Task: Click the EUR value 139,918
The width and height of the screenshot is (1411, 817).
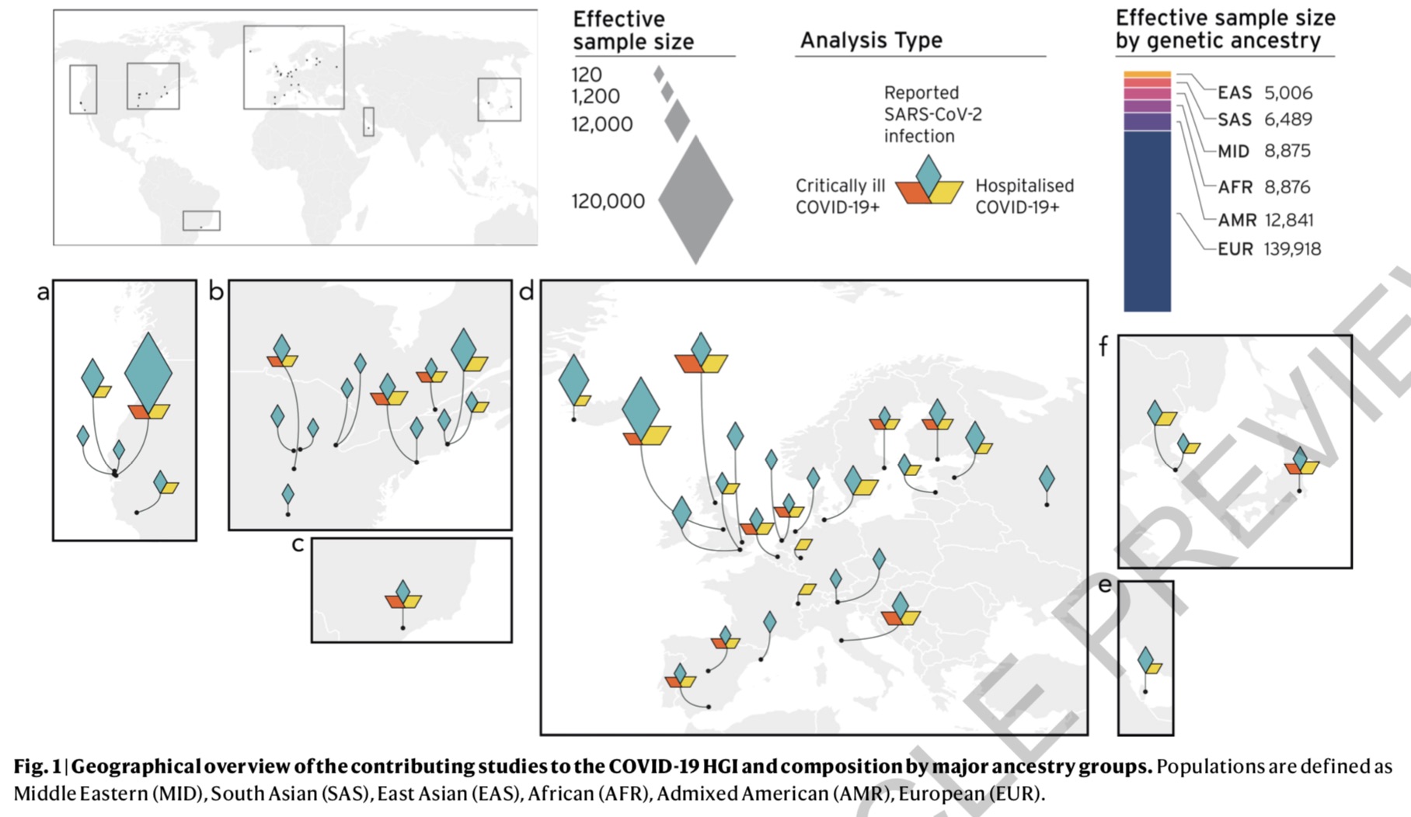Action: [x=1292, y=249]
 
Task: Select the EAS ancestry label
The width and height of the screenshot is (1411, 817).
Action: [x=1234, y=93]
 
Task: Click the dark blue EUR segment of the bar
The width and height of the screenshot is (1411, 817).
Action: [x=1147, y=221]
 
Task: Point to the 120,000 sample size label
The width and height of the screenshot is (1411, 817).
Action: [x=608, y=202]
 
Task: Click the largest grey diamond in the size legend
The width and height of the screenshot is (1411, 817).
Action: [x=695, y=200]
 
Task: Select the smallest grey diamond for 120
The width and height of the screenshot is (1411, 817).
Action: [x=659, y=75]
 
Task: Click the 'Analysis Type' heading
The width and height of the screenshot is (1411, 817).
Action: [x=871, y=40]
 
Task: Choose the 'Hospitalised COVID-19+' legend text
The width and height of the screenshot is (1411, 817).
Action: [x=1024, y=196]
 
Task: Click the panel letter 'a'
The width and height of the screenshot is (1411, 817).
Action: [x=44, y=293]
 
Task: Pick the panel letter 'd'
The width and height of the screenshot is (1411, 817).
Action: [x=526, y=293]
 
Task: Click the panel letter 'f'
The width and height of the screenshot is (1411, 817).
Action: [x=1103, y=346]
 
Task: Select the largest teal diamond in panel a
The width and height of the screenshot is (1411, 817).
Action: [x=148, y=370]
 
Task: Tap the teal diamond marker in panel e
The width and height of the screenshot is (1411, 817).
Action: [x=1145, y=659]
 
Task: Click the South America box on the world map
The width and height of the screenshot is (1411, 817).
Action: [x=201, y=221]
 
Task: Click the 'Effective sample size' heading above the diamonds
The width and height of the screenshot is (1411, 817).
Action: [x=632, y=30]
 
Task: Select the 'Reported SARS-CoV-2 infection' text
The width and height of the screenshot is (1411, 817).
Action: [x=932, y=114]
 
